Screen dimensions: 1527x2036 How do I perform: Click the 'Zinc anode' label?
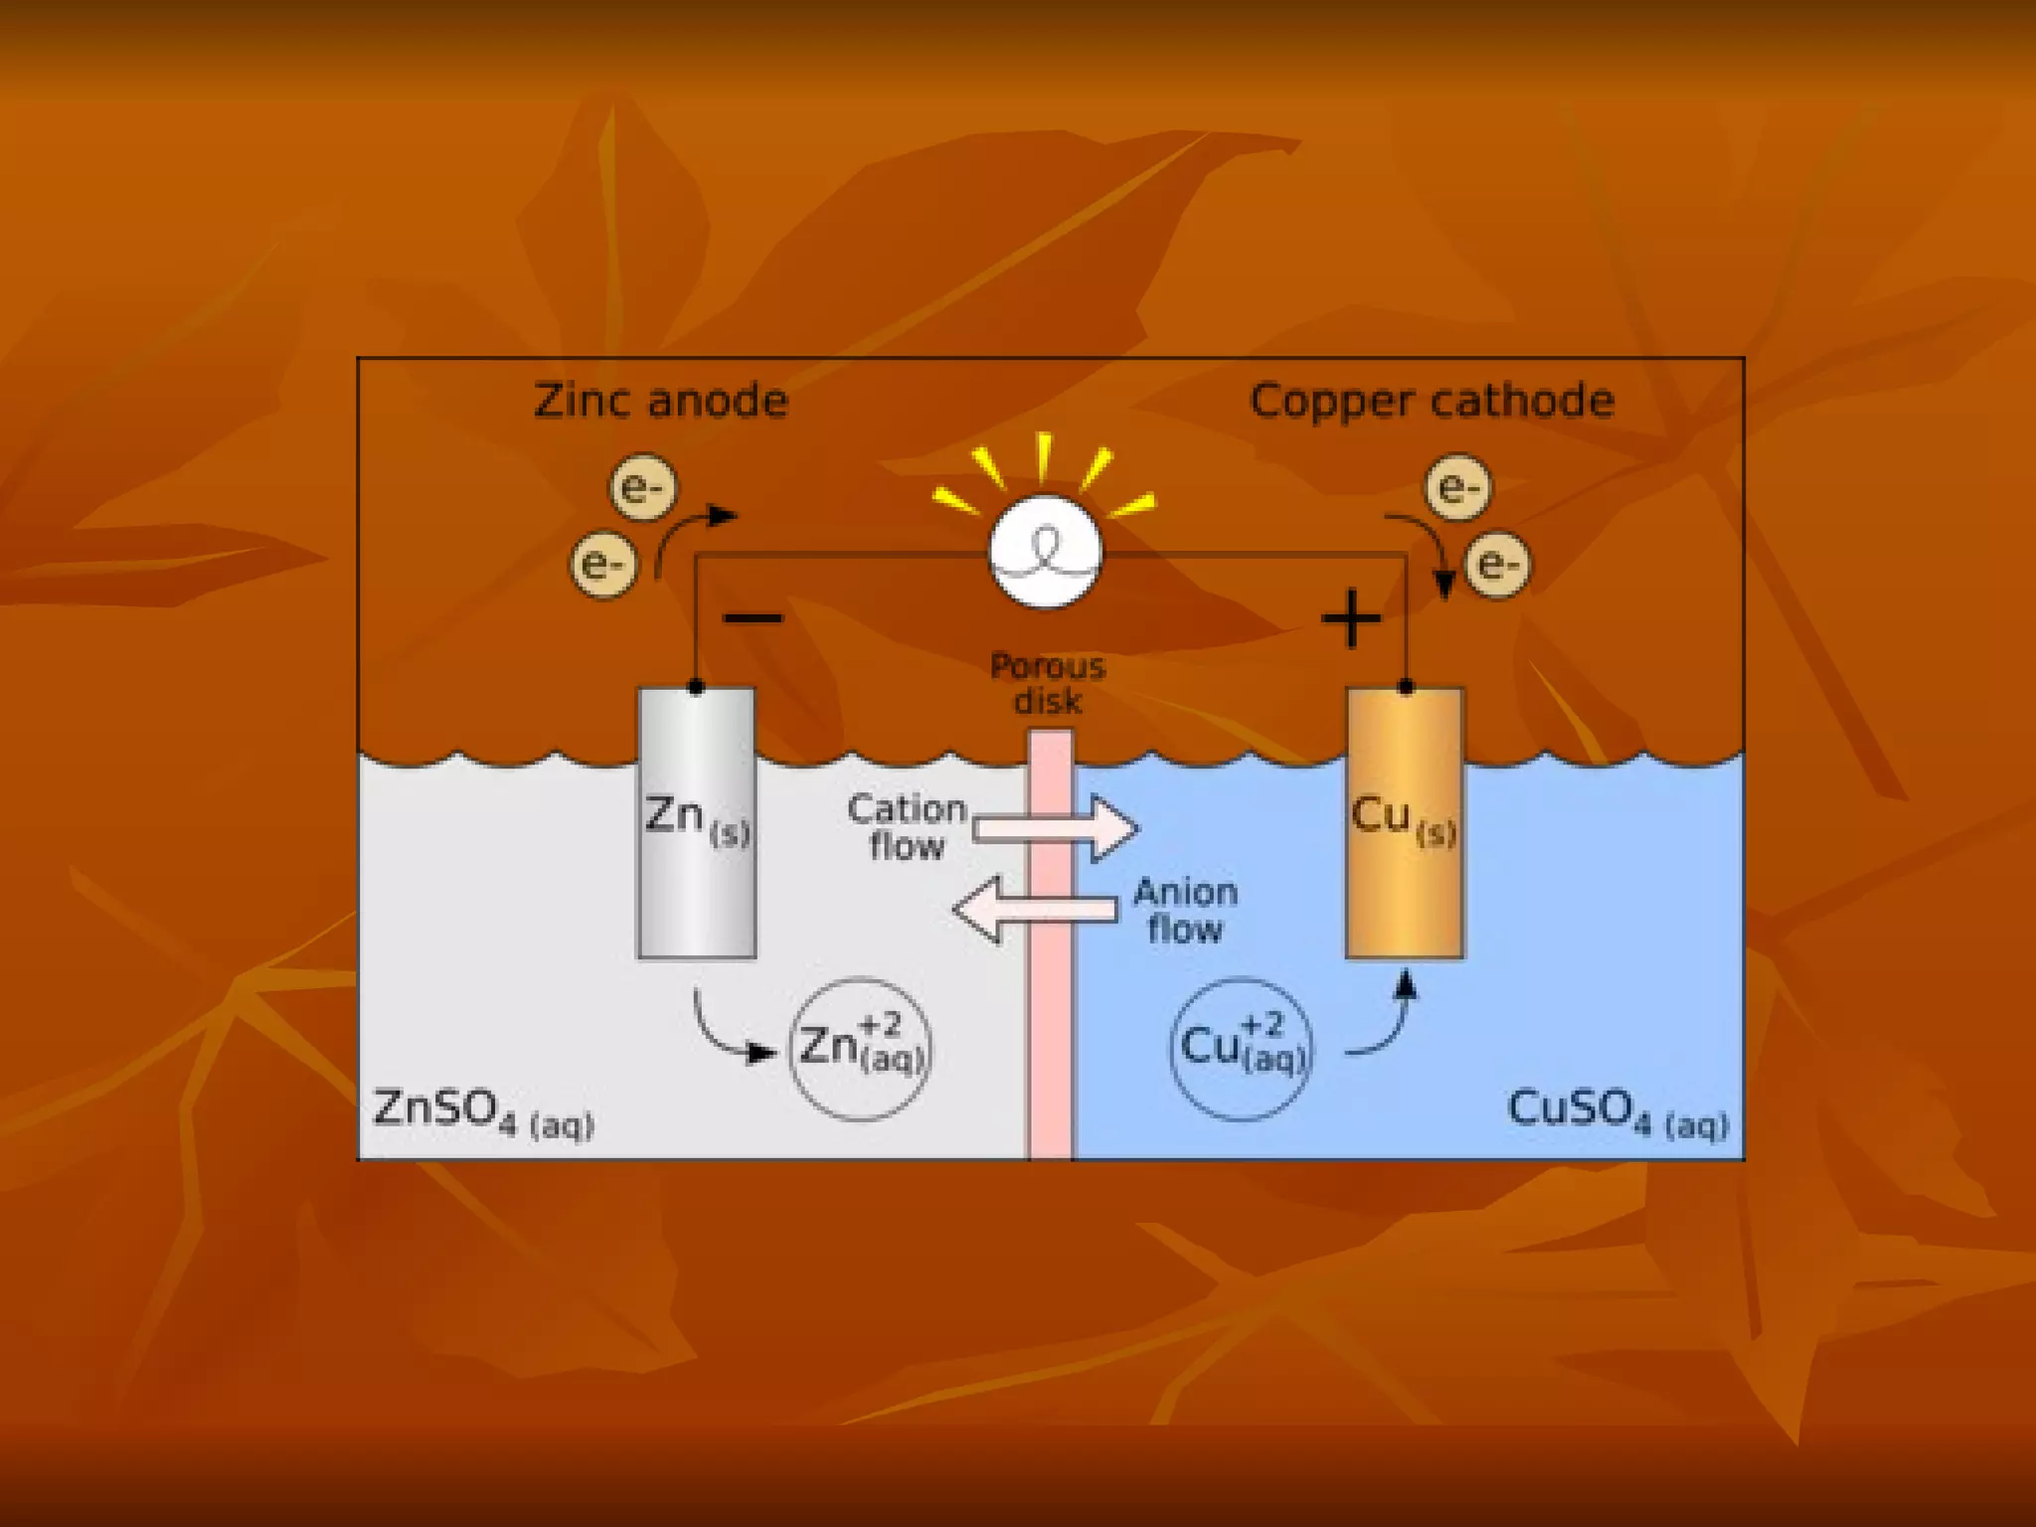pos(661,401)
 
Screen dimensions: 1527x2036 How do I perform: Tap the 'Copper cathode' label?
pos(1432,401)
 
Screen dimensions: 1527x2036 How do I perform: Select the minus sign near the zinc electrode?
pos(754,619)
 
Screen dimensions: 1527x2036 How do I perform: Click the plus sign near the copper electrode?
pos(1351,619)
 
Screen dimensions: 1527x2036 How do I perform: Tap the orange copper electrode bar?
pos(1404,895)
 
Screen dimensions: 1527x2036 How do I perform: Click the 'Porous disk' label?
pos(1048,683)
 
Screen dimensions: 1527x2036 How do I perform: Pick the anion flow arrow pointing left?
pos(1034,909)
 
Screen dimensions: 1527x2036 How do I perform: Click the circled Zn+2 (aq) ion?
pos(861,1049)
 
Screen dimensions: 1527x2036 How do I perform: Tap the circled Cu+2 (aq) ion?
pos(1242,1049)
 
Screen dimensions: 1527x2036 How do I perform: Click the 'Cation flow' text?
pos(907,827)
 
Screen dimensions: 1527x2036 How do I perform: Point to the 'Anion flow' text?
pos(1185,910)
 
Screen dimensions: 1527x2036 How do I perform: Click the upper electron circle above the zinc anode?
pos(642,487)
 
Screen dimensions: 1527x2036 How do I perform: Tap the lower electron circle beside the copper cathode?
pos(1498,565)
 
